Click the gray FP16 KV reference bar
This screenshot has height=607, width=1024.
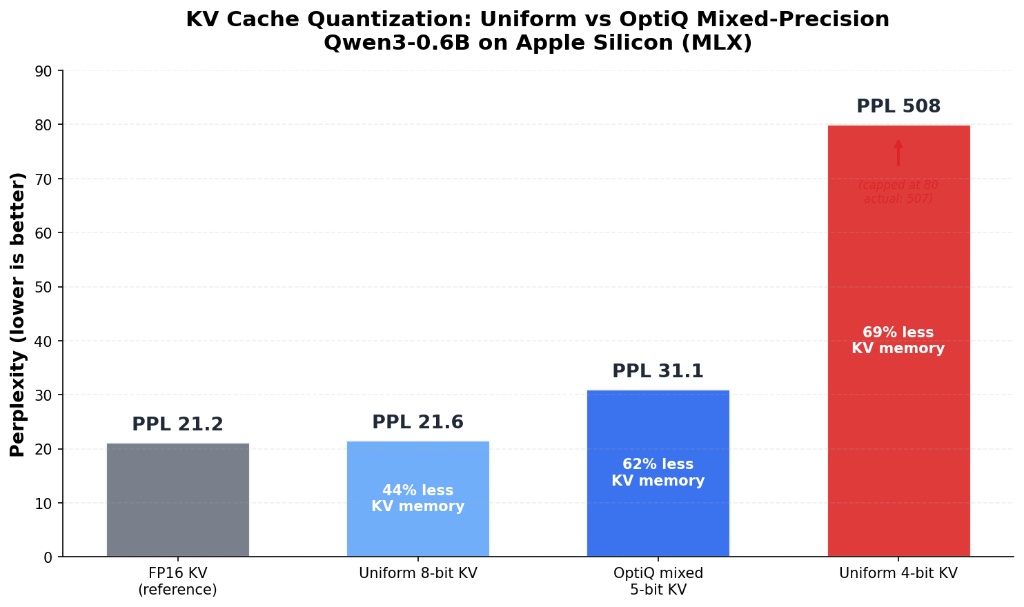point(177,499)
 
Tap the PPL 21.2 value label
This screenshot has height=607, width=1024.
point(177,424)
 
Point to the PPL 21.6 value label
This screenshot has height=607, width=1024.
point(417,422)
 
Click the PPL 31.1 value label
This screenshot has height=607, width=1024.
point(658,371)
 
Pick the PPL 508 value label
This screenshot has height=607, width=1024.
point(898,107)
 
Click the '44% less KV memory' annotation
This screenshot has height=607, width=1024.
point(417,499)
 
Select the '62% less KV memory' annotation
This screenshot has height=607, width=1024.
point(658,472)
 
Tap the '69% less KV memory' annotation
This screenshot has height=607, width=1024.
point(898,341)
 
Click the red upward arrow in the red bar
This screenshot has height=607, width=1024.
point(898,153)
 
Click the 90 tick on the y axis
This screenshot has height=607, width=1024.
point(48,71)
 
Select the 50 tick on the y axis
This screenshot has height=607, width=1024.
point(48,287)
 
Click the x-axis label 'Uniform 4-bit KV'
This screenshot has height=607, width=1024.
point(898,573)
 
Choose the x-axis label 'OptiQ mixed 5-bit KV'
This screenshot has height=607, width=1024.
point(658,581)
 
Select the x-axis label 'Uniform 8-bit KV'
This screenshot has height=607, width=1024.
point(417,573)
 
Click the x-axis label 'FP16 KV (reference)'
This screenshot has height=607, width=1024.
point(177,581)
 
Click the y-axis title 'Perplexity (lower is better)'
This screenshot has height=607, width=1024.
point(18,314)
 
